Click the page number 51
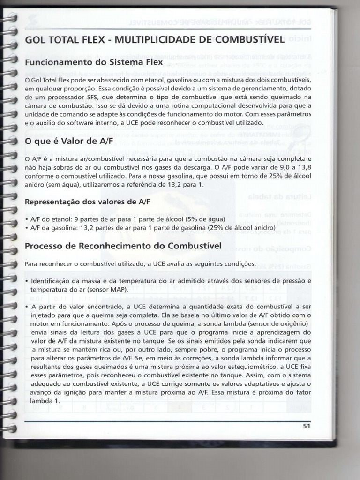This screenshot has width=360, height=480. (307, 426)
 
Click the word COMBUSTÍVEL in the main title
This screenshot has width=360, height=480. (247, 39)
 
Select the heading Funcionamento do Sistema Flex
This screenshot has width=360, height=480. (94, 62)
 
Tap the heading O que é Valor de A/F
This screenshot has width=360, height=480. (69, 141)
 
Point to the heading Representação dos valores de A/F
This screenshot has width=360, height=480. (88, 202)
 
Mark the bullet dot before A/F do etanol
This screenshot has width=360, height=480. (27, 219)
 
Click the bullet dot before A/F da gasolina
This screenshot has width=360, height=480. (27, 228)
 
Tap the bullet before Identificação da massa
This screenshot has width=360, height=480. (27, 281)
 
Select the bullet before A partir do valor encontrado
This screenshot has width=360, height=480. (27, 307)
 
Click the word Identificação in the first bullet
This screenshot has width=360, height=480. (50, 281)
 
